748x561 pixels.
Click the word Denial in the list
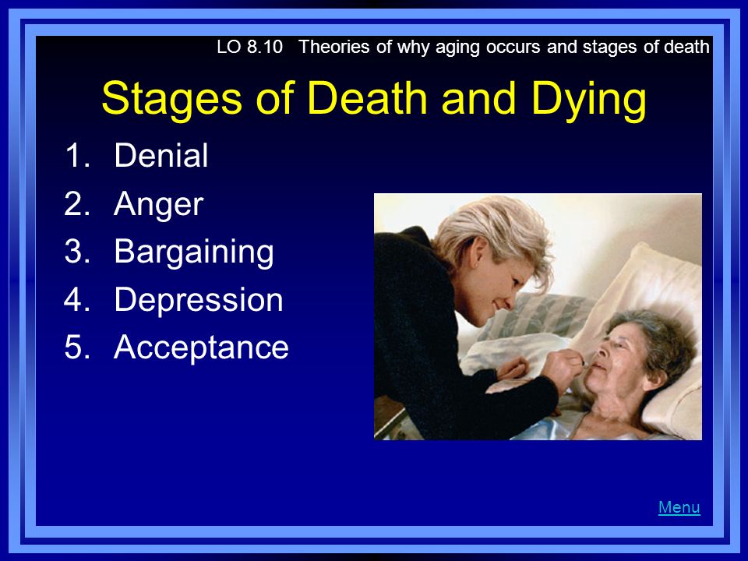tap(161, 155)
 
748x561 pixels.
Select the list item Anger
tap(158, 205)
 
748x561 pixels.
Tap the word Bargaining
tap(194, 252)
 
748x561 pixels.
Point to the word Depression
tap(199, 300)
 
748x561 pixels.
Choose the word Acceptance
tap(201, 348)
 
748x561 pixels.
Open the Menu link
tap(679, 506)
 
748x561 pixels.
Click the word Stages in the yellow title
tap(171, 99)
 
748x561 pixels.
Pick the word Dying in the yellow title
tap(588, 99)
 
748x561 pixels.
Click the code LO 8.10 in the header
tap(249, 47)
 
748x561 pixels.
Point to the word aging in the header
tap(450, 48)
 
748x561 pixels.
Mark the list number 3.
tap(77, 251)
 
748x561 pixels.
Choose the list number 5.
tap(77, 347)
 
